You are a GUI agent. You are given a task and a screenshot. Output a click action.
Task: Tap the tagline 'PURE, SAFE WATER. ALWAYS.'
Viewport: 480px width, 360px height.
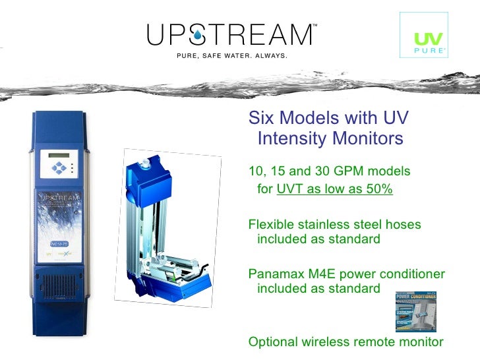point(231,55)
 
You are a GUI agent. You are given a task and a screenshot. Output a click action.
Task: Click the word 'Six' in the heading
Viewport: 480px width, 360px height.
point(261,118)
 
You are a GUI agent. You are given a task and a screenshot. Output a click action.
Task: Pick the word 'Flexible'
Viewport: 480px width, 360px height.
point(272,225)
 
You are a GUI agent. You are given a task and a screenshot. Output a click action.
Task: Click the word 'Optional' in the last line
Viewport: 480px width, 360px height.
point(272,342)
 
